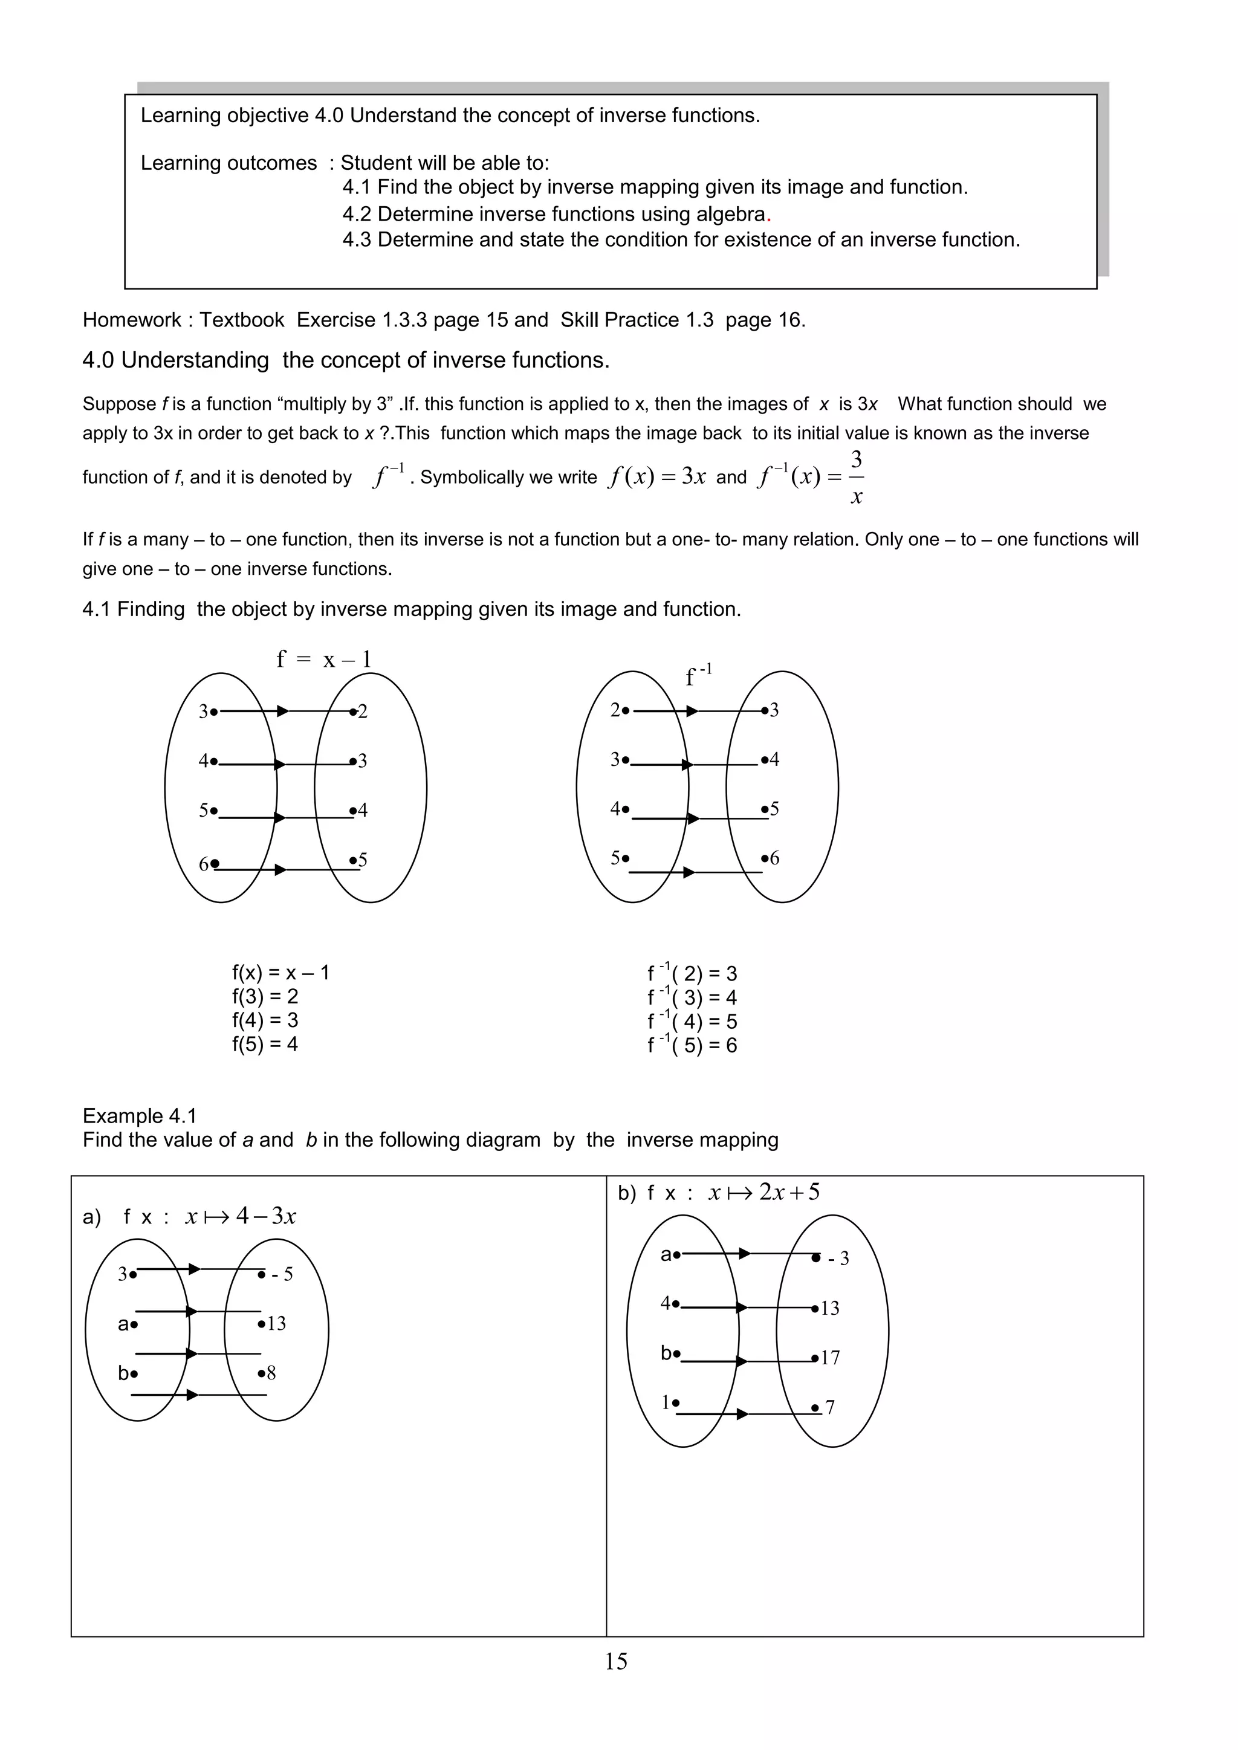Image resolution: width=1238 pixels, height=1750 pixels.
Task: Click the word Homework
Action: click(131, 320)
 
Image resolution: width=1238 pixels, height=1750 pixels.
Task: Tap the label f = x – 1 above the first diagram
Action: click(324, 659)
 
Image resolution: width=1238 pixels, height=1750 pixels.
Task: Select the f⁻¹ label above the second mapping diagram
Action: click(698, 675)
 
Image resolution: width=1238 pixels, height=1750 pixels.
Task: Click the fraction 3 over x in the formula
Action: click(856, 478)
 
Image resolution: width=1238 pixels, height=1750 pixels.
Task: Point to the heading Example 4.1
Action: click(140, 1116)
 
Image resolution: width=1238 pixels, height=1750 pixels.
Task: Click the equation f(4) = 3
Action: click(265, 1020)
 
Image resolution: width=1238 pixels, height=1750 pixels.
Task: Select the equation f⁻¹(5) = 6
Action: click(692, 1045)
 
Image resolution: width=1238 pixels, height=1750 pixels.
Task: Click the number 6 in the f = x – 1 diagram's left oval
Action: click(204, 864)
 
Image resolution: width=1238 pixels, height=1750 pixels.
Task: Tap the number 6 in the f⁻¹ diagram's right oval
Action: click(774, 858)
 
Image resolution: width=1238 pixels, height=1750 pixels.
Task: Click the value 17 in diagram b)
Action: click(830, 1358)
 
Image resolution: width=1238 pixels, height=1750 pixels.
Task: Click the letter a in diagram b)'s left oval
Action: click(666, 1254)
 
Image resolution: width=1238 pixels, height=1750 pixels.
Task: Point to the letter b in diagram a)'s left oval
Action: click(123, 1373)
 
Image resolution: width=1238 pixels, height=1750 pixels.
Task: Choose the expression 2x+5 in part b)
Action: click(789, 1192)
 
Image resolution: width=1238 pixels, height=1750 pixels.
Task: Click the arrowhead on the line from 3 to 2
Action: click(282, 711)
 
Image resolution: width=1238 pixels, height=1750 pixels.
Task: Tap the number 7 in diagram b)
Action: click(829, 1407)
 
